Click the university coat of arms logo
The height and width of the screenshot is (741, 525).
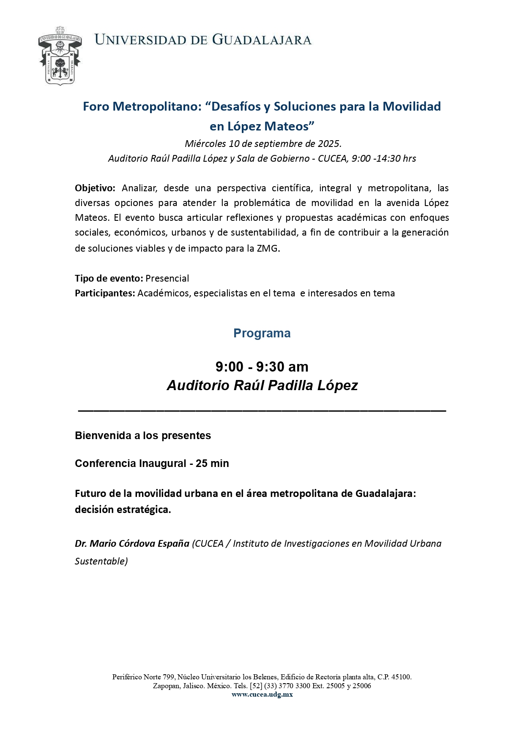tap(60, 56)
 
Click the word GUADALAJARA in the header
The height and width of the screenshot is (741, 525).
tap(262, 40)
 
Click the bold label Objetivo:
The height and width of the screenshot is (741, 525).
tap(95, 188)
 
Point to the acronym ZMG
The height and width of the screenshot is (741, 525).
tap(268, 248)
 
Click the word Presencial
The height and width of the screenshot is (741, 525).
tap(167, 279)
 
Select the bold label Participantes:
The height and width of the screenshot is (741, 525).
tap(105, 293)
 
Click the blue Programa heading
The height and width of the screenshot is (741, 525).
tap(262, 333)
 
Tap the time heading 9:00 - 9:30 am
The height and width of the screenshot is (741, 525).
tap(262, 366)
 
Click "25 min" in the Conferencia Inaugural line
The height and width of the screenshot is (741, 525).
tap(212, 464)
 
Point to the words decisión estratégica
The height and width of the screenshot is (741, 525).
tap(123, 510)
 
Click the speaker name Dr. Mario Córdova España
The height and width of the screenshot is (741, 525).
tap(132, 544)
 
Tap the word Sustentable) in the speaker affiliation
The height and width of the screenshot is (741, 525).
tap(101, 562)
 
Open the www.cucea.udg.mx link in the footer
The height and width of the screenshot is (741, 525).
tap(262, 695)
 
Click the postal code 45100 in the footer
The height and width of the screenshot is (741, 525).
tap(401, 677)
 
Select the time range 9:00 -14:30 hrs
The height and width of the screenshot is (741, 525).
tap(384, 159)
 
